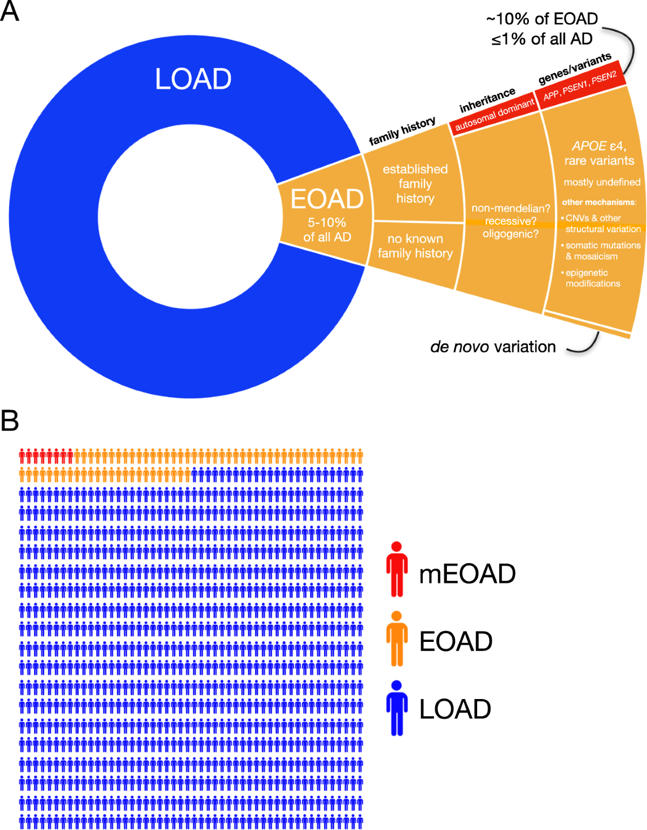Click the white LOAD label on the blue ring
tap(193, 79)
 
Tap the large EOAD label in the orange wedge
tap(327, 199)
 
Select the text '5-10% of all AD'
tap(327, 230)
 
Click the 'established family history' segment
tap(415, 184)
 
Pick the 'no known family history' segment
tap(415, 246)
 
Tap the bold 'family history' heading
tap(402, 132)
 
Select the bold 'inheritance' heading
tap(487, 100)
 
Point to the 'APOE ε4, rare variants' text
tap(599, 153)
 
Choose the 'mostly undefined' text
tap(602, 182)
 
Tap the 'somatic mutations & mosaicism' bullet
tap(602, 251)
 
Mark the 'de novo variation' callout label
tap(493, 347)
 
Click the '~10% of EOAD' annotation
tap(542, 19)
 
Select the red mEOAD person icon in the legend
tap(397, 569)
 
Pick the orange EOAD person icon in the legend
tap(397, 639)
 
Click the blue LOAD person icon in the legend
tap(397, 708)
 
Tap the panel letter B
tap(10, 421)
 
